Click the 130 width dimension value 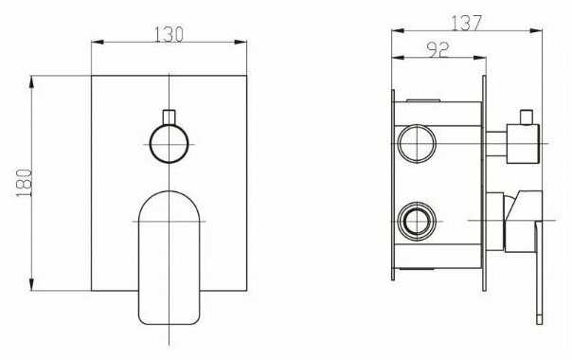click(169, 34)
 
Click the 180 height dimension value click(24, 183)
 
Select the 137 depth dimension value click(467, 23)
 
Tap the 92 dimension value click(438, 50)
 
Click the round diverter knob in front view click(169, 143)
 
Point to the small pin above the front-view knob click(169, 117)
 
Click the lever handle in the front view click(170, 258)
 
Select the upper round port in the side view click(417, 143)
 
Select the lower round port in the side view click(417, 222)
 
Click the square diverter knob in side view click(523, 144)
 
